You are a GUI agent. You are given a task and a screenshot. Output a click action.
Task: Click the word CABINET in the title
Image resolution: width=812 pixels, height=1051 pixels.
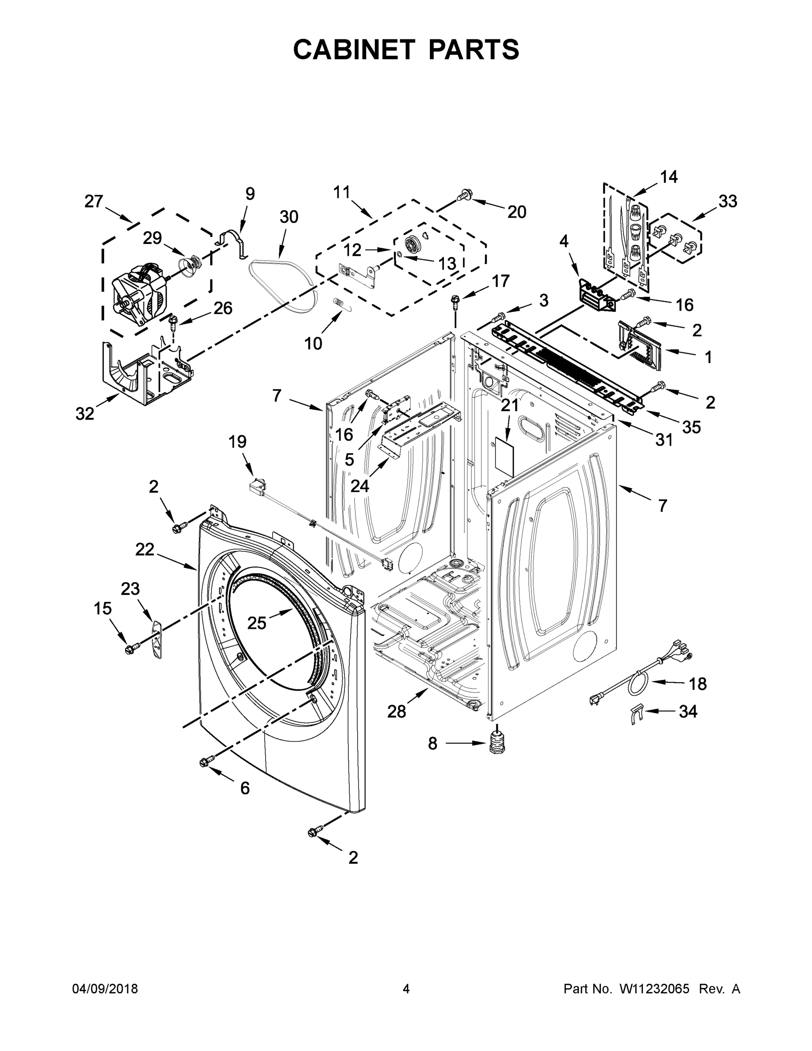coord(354,49)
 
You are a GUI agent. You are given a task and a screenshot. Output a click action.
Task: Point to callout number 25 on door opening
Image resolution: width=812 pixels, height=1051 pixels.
coord(257,623)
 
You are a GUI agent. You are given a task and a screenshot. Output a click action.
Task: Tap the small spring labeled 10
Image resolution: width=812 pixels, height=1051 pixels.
coord(340,305)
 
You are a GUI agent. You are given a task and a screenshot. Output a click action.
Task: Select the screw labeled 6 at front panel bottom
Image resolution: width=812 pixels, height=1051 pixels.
coord(205,761)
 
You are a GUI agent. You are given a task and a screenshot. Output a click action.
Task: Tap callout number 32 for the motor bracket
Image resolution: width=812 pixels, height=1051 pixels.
coord(84,413)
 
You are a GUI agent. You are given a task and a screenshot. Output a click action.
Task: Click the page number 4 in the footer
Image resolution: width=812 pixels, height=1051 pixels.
coord(406,988)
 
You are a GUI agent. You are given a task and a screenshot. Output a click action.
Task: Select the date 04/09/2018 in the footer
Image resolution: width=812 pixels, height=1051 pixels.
coord(105,988)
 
